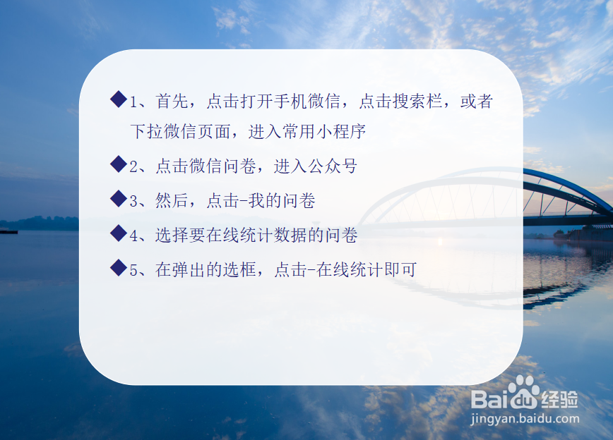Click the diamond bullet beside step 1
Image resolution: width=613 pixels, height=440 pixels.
[118, 99]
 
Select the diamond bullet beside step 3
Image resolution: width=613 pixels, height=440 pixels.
[118, 200]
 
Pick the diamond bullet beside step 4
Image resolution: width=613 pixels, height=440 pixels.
[118, 234]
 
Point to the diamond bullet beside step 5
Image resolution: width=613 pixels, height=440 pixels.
[118, 268]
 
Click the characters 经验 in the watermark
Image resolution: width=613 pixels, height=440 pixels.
[561, 398]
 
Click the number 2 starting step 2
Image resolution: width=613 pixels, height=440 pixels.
[134, 166]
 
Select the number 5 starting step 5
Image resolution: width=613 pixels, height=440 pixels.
[134, 269]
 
